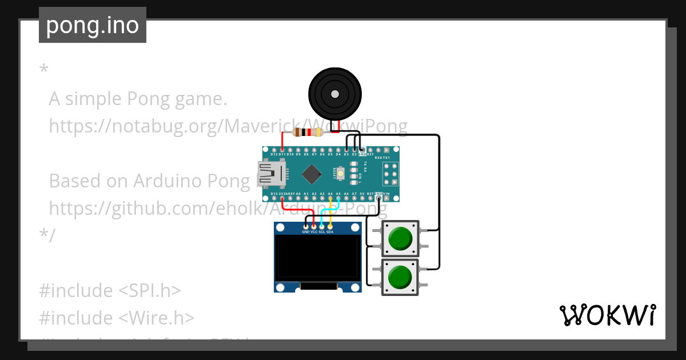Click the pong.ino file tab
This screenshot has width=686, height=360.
point(92,26)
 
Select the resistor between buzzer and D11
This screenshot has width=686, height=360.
point(308,133)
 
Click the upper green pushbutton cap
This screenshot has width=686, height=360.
point(400,239)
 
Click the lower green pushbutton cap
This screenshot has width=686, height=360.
point(400,277)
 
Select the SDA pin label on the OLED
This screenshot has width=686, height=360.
point(330,232)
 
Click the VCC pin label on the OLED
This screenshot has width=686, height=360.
point(314,232)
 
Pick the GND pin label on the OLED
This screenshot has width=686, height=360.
point(306,232)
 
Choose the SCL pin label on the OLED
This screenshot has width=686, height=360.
point(322,232)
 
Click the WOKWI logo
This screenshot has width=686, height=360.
point(607,315)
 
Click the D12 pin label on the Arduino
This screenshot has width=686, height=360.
point(274,154)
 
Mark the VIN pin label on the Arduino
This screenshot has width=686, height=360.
point(386,194)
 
